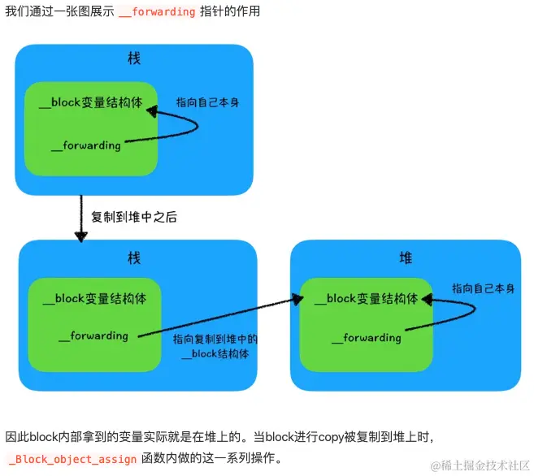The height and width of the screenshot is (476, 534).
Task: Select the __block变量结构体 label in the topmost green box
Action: coord(91,103)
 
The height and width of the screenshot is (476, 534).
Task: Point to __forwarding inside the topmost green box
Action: coord(85,145)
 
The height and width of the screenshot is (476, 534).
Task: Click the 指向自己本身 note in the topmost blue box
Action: coord(208,103)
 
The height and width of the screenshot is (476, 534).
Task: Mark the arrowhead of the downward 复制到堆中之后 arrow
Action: coord(80,236)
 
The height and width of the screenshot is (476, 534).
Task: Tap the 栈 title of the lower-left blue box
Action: coord(134,257)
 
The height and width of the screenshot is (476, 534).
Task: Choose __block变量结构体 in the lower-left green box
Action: coord(94,299)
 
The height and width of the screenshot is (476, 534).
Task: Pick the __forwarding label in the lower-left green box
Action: coord(93,335)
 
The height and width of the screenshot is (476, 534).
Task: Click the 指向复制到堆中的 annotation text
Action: coord(215,340)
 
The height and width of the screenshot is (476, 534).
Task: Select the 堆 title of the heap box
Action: coord(406,257)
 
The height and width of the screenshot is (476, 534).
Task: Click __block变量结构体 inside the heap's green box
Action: coord(367,299)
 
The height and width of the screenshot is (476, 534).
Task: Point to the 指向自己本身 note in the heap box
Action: coord(483,288)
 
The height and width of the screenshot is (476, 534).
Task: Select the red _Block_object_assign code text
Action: coord(72,459)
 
